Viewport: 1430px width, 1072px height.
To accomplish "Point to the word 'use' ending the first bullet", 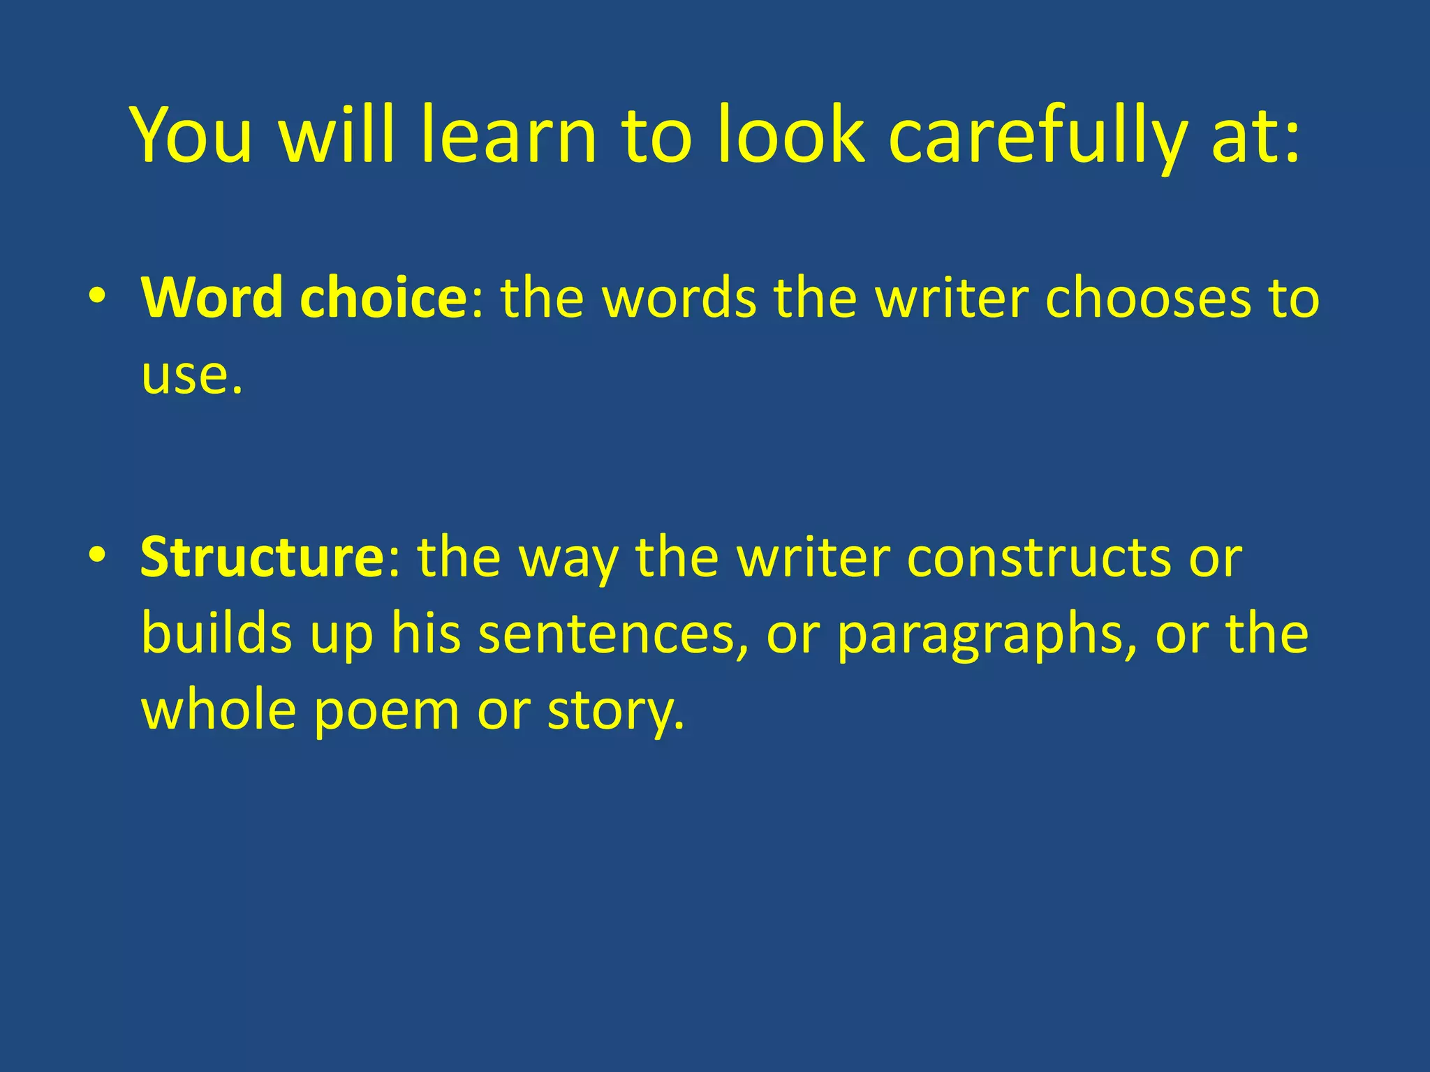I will click(186, 377).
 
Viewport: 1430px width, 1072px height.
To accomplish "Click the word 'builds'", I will click(216, 634).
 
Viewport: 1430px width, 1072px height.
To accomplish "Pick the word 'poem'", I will click(386, 710).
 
